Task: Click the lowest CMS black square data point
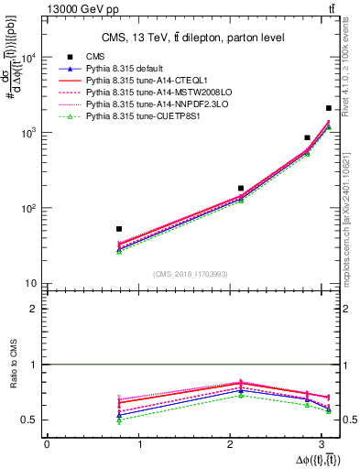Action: pos(119,229)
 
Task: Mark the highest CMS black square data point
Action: pos(329,108)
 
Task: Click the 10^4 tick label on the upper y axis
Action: pos(29,58)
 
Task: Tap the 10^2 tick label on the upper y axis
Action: pos(29,209)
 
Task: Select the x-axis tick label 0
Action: pos(47,444)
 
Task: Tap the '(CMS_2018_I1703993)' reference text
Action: pos(190,274)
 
